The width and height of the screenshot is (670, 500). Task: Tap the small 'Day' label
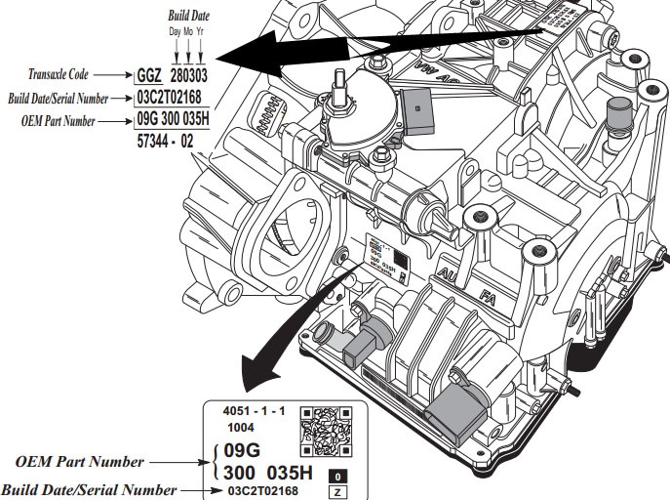tap(174, 31)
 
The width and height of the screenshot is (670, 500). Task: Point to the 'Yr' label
tap(200, 31)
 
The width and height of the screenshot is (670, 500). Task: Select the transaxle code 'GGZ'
tap(149, 74)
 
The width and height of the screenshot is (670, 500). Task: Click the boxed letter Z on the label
tap(337, 491)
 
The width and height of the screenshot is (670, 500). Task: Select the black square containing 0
tap(337, 475)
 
